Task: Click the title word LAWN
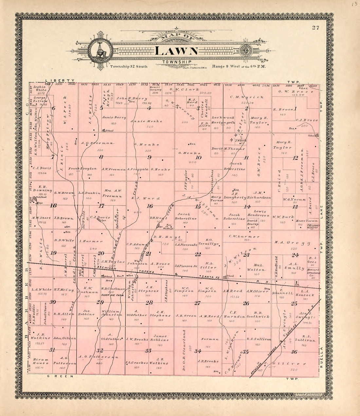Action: pos(176,51)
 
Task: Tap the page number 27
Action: pos(316,28)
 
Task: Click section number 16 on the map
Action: pos(150,206)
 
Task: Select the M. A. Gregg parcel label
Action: pos(288,243)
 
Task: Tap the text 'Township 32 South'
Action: pos(129,66)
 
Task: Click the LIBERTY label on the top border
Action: pos(60,81)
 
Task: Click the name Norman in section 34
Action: pos(207,339)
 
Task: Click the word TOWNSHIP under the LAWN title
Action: pos(176,62)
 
